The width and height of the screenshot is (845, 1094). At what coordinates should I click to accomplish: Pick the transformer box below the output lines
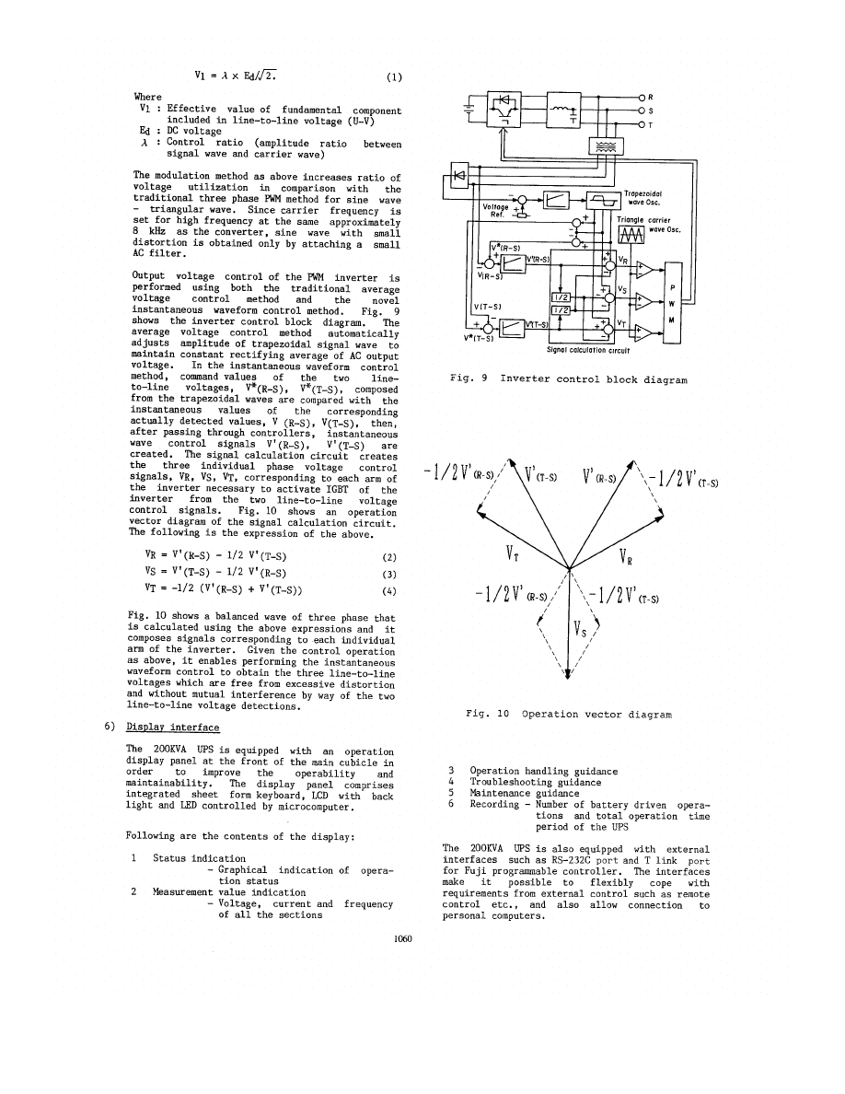click(x=604, y=146)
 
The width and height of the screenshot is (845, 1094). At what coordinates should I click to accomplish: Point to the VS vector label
click(x=580, y=632)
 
